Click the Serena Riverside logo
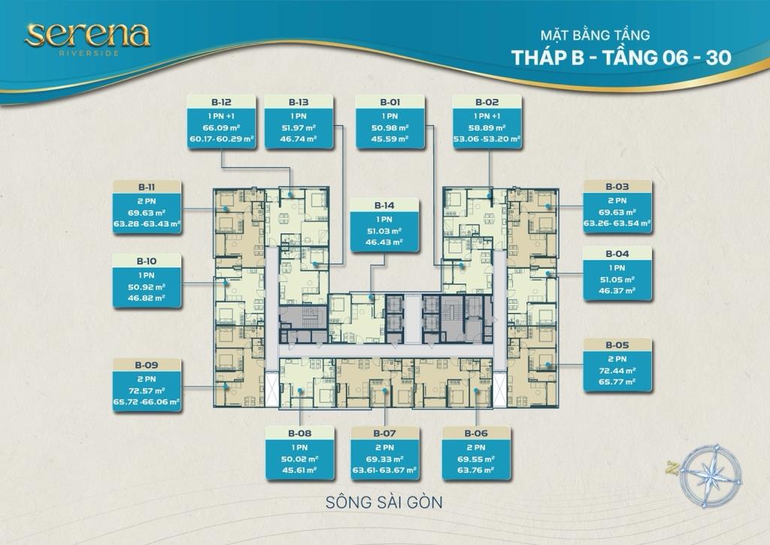coord(87,38)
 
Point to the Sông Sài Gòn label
coord(384,502)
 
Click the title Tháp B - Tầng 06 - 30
coord(621,57)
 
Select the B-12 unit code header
coord(222,102)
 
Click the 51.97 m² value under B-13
coord(299,128)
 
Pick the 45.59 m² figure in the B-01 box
coord(390,139)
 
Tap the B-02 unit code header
coord(487,102)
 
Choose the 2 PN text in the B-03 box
coord(617,200)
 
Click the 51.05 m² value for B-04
coord(617,279)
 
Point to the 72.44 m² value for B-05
coord(617,371)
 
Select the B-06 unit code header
coord(476,434)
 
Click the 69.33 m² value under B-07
coord(385,459)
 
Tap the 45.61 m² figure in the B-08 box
coord(299,470)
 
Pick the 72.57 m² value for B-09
coord(147,391)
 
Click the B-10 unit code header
coord(147,261)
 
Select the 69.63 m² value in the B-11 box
coord(147,213)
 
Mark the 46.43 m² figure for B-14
coord(384,242)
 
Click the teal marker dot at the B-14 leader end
coord(371,298)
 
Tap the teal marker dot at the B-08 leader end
coord(300,391)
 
